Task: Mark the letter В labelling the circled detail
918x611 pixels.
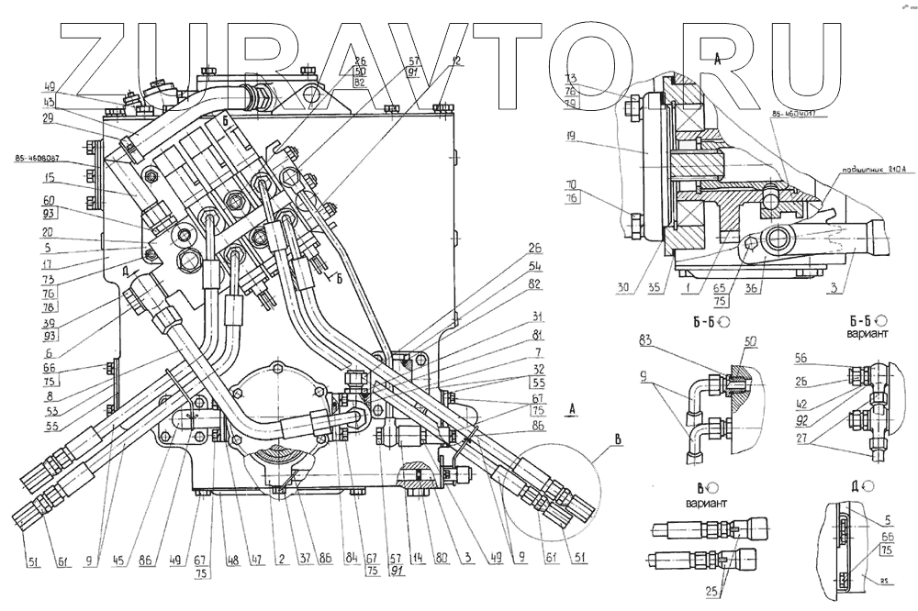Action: [x=616, y=439]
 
